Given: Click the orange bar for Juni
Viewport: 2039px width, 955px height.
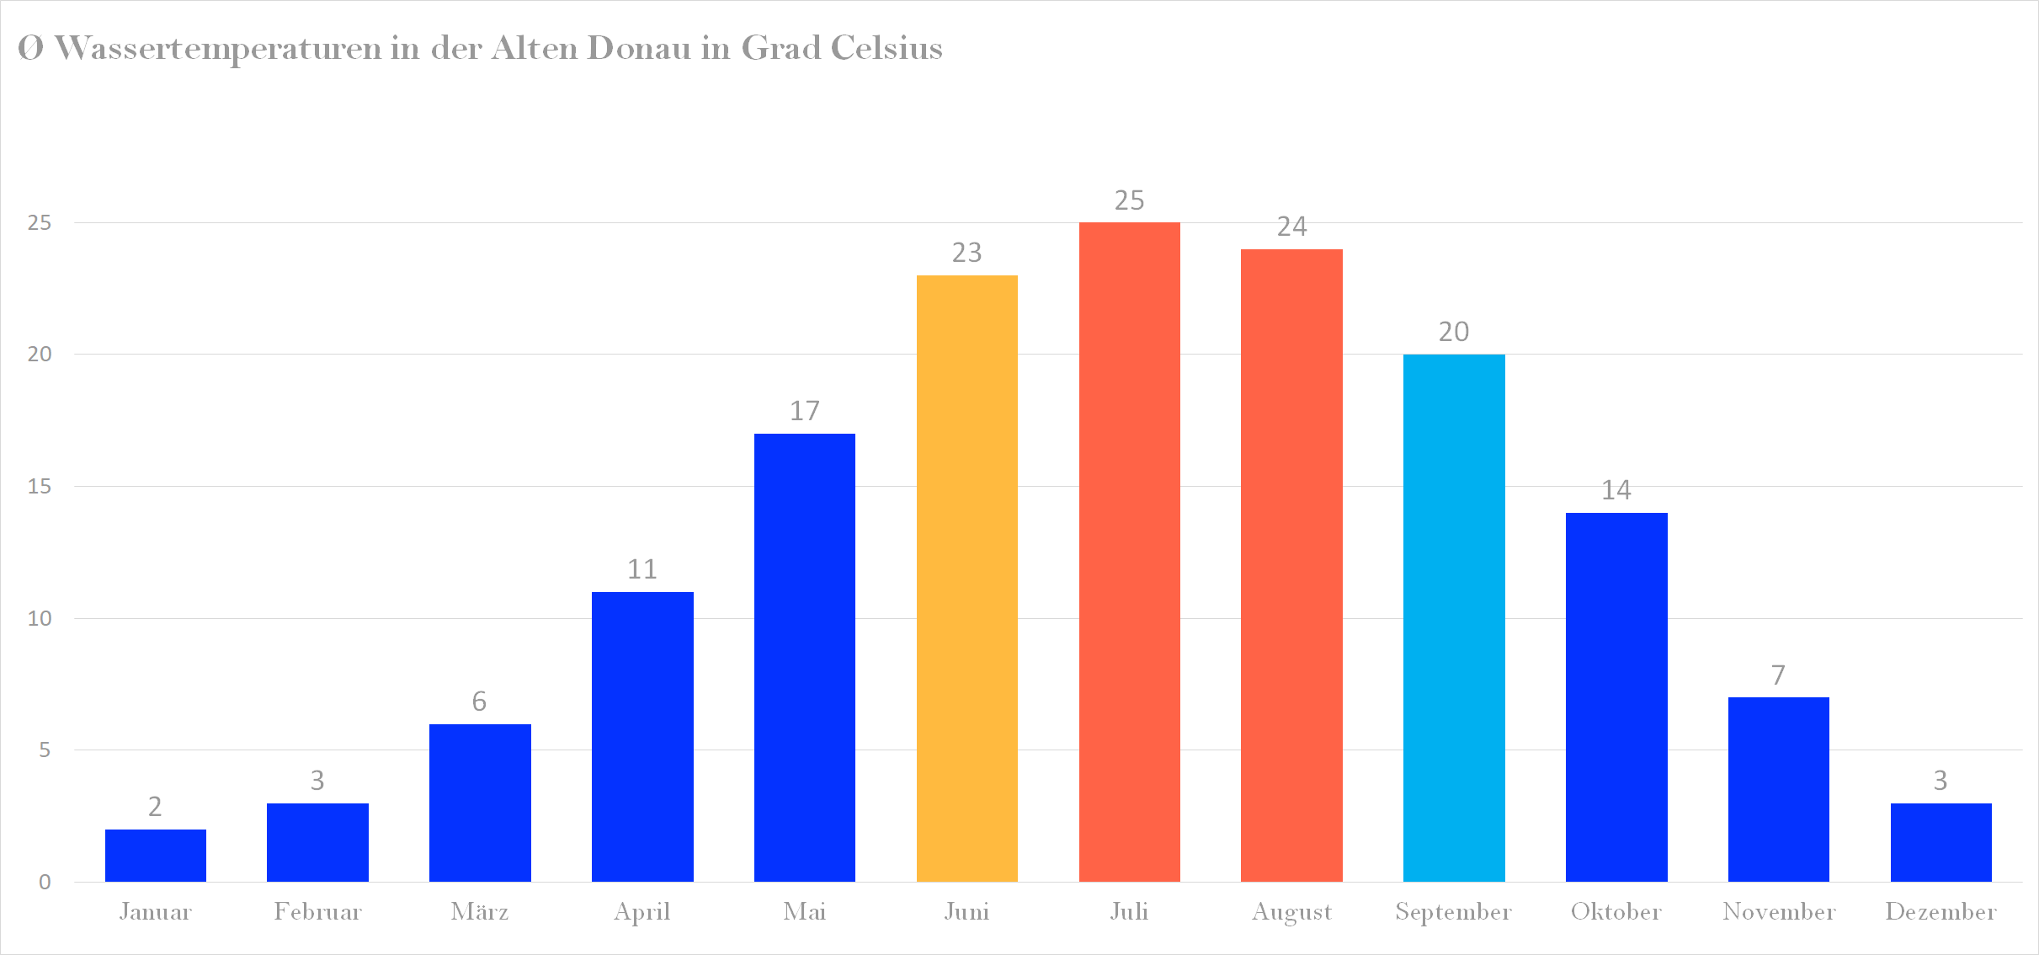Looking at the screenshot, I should [x=966, y=578].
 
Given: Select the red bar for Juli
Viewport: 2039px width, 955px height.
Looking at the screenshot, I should [x=1129, y=552].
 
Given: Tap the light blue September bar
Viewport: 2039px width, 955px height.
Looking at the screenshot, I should [x=1454, y=617].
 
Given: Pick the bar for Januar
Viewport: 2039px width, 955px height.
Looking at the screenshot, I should [x=156, y=855].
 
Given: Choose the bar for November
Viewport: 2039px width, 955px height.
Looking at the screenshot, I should [x=1778, y=789].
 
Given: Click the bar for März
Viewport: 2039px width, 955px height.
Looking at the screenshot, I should [x=480, y=803].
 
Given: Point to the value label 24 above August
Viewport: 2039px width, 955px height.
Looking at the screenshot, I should [x=1291, y=227].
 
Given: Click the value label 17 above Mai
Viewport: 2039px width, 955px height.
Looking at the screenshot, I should [x=804, y=411].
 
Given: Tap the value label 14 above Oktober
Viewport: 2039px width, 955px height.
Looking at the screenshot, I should [x=1616, y=490].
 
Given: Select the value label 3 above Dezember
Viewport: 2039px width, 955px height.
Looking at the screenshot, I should [x=1941, y=781].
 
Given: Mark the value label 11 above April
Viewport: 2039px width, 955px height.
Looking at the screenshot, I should [x=642, y=569].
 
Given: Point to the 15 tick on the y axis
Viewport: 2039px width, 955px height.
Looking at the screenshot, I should [x=40, y=487].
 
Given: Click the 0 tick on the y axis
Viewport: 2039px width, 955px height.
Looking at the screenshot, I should [x=45, y=882].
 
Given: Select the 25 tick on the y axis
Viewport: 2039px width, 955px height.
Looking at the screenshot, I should [x=40, y=223].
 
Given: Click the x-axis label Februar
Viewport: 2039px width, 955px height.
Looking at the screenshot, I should [x=317, y=911].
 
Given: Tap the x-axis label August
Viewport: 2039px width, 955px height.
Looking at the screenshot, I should [x=1291, y=912].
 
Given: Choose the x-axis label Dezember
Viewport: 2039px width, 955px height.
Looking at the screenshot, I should [x=1941, y=911].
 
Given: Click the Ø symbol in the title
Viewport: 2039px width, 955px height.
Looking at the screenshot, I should [x=30, y=48].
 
